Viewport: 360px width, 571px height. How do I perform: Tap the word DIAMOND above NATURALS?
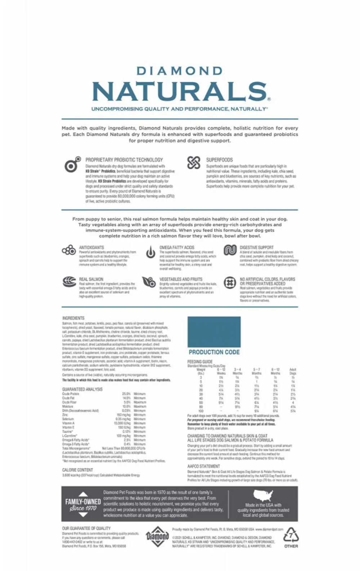(x=180, y=71)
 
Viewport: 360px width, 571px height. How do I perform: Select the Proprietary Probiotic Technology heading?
(x=124, y=160)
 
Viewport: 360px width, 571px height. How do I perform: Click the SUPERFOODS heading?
(x=219, y=160)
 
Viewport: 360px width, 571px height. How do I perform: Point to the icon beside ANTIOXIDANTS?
(x=69, y=250)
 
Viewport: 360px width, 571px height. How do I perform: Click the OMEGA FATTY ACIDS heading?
(x=177, y=248)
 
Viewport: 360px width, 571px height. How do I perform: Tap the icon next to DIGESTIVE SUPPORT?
(x=230, y=250)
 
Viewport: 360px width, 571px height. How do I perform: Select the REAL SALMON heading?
(x=91, y=279)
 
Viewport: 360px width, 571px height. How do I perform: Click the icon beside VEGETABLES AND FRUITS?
(x=149, y=282)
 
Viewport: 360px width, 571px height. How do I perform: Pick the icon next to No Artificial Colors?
(x=230, y=282)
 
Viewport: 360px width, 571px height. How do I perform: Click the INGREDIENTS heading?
(x=73, y=318)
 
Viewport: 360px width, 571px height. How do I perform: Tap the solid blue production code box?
(x=214, y=332)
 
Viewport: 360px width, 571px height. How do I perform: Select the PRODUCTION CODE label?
(x=214, y=352)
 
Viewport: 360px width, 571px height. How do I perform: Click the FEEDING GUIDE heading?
(x=200, y=362)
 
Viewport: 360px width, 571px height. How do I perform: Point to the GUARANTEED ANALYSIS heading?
(x=82, y=389)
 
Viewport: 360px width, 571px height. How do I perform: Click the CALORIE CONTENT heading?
(x=77, y=470)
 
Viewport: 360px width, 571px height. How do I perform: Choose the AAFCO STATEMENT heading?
(x=203, y=466)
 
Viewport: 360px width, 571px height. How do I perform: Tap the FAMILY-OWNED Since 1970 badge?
(x=83, y=504)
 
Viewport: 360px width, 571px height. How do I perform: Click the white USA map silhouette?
(x=263, y=496)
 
